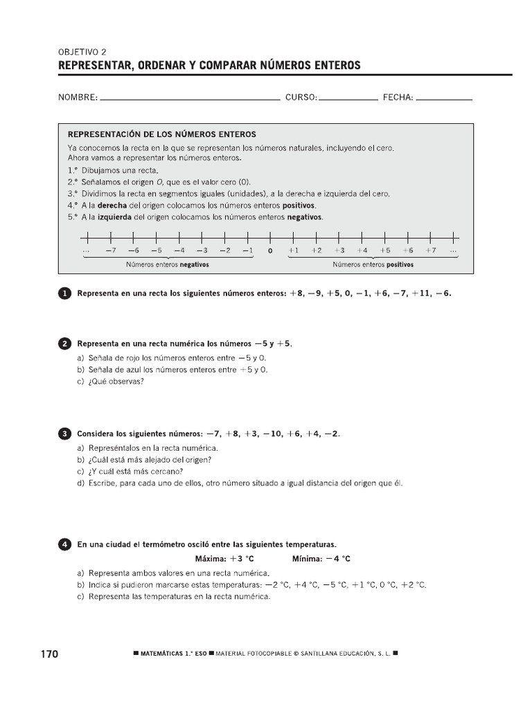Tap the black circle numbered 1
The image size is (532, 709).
click(64, 294)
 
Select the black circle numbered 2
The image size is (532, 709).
click(64, 343)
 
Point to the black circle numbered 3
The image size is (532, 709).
click(64, 434)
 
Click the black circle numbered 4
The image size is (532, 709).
click(64, 546)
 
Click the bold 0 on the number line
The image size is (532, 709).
click(270, 251)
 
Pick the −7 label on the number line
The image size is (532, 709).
click(110, 251)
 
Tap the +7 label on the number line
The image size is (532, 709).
click(431, 251)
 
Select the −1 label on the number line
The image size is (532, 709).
click(247, 251)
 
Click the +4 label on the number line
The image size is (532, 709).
click(362, 251)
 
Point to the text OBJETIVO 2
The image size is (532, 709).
click(82, 51)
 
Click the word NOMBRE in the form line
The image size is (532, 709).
click(78, 98)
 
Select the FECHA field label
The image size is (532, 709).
click(398, 98)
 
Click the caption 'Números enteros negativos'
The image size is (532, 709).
click(167, 264)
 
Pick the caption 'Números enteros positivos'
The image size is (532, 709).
click(373, 264)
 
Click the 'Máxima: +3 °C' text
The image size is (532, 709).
click(220, 559)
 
